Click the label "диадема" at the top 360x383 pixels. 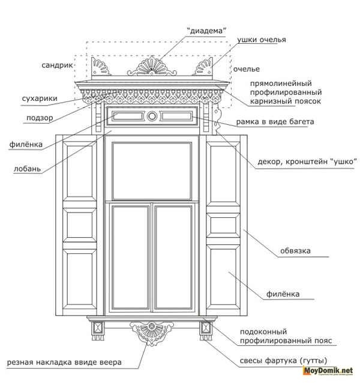coord(206,31)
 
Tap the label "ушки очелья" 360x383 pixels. coord(262,40)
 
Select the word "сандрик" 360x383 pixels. coord(58,65)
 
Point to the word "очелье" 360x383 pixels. coord(246,69)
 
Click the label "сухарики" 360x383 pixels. coord(40,98)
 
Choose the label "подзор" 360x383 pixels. coord(40,118)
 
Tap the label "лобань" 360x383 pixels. coord(28,169)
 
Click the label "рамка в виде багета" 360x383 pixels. coord(275,122)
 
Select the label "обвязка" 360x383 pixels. coord(295,250)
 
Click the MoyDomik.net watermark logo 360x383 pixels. coord(328,371)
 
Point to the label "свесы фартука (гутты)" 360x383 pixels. coord(283,361)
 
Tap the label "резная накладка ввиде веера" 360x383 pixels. coord(64,362)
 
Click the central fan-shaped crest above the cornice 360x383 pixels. coord(152,67)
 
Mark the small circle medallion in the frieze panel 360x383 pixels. coord(152,116)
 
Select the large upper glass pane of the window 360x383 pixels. coord(152,171)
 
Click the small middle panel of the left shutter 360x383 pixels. coord(80,225)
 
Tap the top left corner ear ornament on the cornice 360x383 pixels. coord(100,67)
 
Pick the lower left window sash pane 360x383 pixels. coord(131,258)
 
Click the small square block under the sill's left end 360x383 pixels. coord(98,328)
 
